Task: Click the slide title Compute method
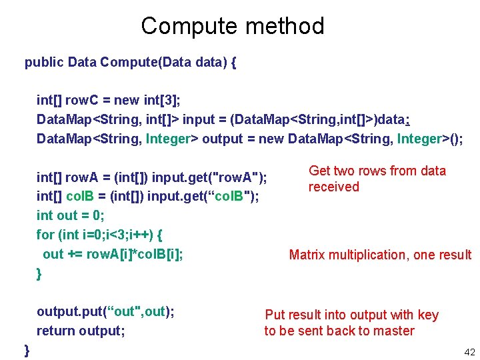pos(233,26)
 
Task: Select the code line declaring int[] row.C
pos(109,100)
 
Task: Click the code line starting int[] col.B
pos(148,196)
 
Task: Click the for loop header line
pos(99,235)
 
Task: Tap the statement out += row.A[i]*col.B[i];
pos(113,254)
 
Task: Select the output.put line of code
pos(105,311)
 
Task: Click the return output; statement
pos(81,331)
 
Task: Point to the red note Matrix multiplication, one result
pos(380,255)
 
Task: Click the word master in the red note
pos(393,331)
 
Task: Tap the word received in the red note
pos(333,187)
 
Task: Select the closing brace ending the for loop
pos(39,273)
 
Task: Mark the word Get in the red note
pos(320,171)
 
